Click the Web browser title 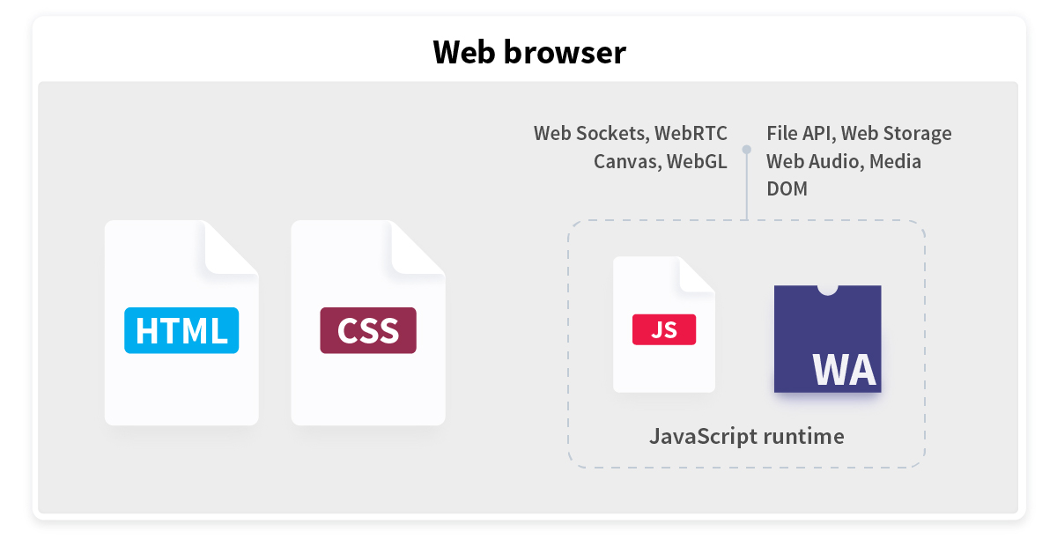529,52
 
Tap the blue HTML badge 181,330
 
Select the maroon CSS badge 368,330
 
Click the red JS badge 664,329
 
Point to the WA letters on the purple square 844,371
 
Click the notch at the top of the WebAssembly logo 827,290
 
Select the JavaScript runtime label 747,437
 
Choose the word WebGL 697,162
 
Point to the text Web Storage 896,134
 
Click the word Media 895,162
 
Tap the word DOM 787,188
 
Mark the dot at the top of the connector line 747,150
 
